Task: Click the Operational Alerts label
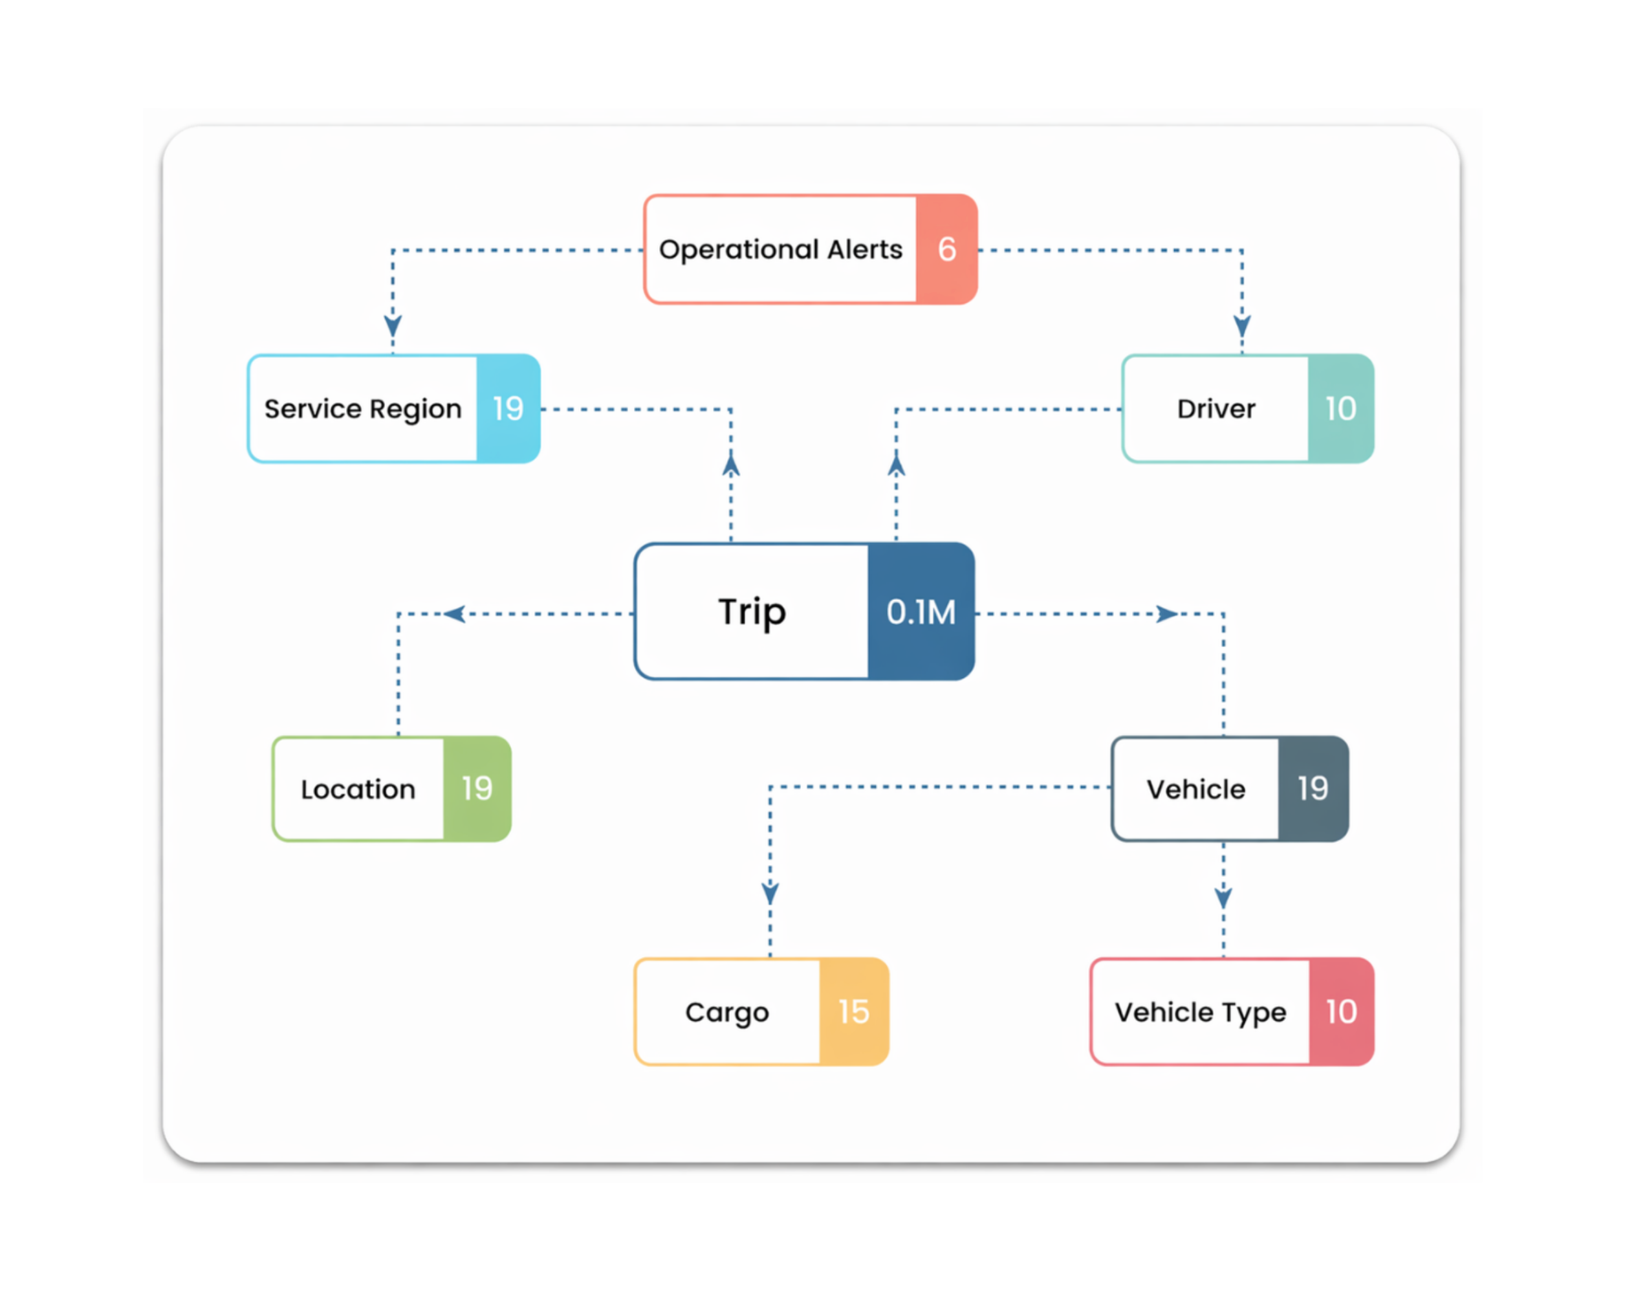pyautogui.click(x=780, y=250)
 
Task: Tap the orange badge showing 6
pyautogui.click(x=946, y=250)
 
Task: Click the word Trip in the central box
pyautogui.click(x=752, y=611)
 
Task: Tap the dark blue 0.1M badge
pyautogui.click(x=921, y=611)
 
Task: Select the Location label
pyautogui.click(x=358, y=789)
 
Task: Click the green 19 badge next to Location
pyautogui.click(x=476, y=789)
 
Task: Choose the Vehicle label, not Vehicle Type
pyautogui.click(x=1195, y=789)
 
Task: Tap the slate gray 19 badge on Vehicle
pyautogui.click(x=1312, y=789)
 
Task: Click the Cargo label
pyautogui.click(x=726, y=1011)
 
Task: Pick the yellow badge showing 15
pyautogui.click(x=853, y=1011)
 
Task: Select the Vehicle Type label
pyautogui.click(x=1200, y=1011)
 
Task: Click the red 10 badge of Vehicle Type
pyautogui.click(x=1341, y=1011)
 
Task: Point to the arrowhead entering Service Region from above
pyautogui.click(x=393, y=325)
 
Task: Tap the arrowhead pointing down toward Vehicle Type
pyautogui.click(x=1223, y=897)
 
